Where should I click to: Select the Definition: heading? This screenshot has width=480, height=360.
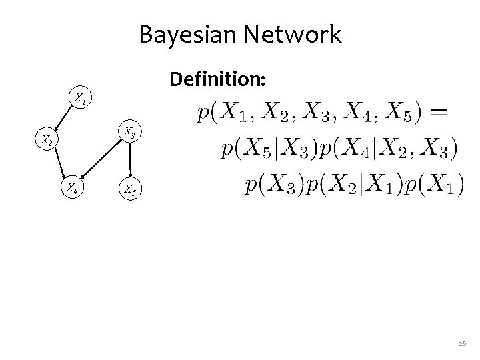(x=218, y=80)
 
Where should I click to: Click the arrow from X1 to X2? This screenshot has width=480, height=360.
(x=63, y=119)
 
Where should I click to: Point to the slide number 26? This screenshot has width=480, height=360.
(x=463, y=343)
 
